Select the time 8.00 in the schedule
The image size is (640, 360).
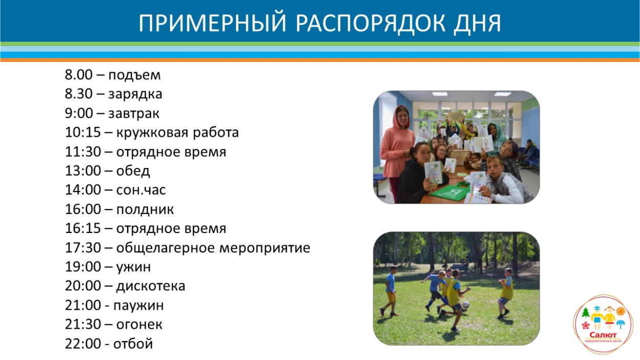pyautogui.click(x=78, y=75)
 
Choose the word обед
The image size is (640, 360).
pyautogui.click(x=133, y=171)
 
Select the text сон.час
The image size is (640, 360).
pyautogui.click(x=141, y=190)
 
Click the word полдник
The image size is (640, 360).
pyautogui.click(x=145, y=209)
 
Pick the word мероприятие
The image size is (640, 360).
pyautogui.click(x=266, y=248)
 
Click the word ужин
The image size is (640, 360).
pyautogui.click(x=134, y=267)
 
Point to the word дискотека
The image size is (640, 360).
pyautogui.click(x=151, y=286)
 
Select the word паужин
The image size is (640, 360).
pyautogui.click(x=139, y=306)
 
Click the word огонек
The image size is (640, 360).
pyautogui.click(x=139, y=325)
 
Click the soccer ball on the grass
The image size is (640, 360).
pyautogui.click(x=465, y=305)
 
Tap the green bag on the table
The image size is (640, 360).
pyautogui.click(x=451, y=193)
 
